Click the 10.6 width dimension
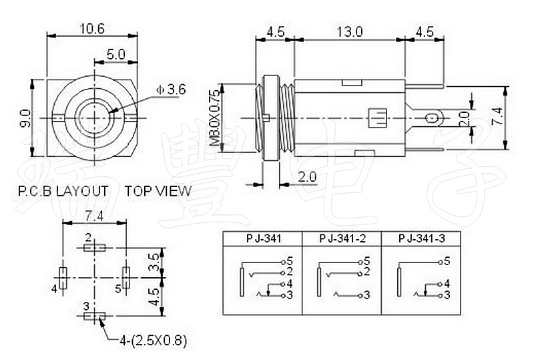93,29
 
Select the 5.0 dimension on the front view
115,54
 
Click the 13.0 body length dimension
349,31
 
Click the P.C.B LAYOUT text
63,191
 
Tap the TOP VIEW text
158,191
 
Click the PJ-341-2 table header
342,238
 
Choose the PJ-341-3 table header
421,238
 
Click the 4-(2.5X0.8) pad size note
153,341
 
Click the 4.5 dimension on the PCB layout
154,296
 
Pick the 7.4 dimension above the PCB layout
94,216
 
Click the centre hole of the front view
94,118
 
